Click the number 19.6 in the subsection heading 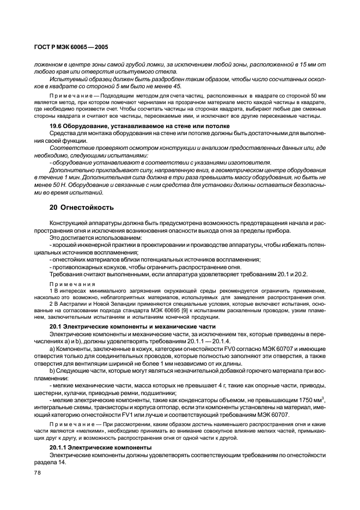[57, 126]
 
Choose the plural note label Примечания [72, 284]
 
